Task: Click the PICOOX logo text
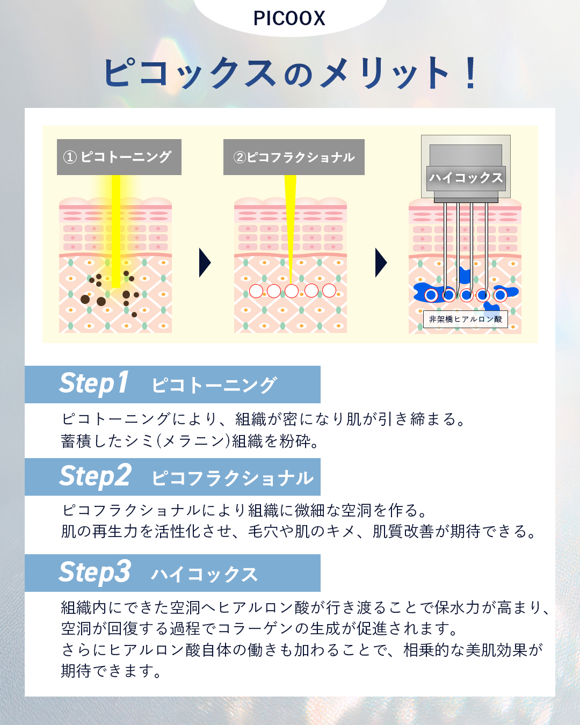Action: (x=289, y=18)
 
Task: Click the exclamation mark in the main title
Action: (x=471, y=73)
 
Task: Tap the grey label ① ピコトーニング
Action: (x=119, y=157)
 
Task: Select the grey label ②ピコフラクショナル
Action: (x=294, y=157)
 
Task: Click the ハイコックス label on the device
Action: (x=466, y=178)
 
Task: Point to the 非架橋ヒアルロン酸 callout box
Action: (x=465, y=319)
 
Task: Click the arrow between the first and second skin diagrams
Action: (x=205, y=263)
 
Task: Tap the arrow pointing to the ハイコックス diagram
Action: (x=381, y=263)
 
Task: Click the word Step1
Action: (x=94, y=384)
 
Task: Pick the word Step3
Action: (x=95, y=572)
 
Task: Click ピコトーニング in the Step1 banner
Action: (x=214, y=385)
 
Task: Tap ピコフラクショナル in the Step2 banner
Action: (x=233, y=478)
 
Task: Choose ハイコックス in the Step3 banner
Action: (x=204, y=574)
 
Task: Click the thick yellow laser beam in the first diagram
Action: (x=115, y=231)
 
